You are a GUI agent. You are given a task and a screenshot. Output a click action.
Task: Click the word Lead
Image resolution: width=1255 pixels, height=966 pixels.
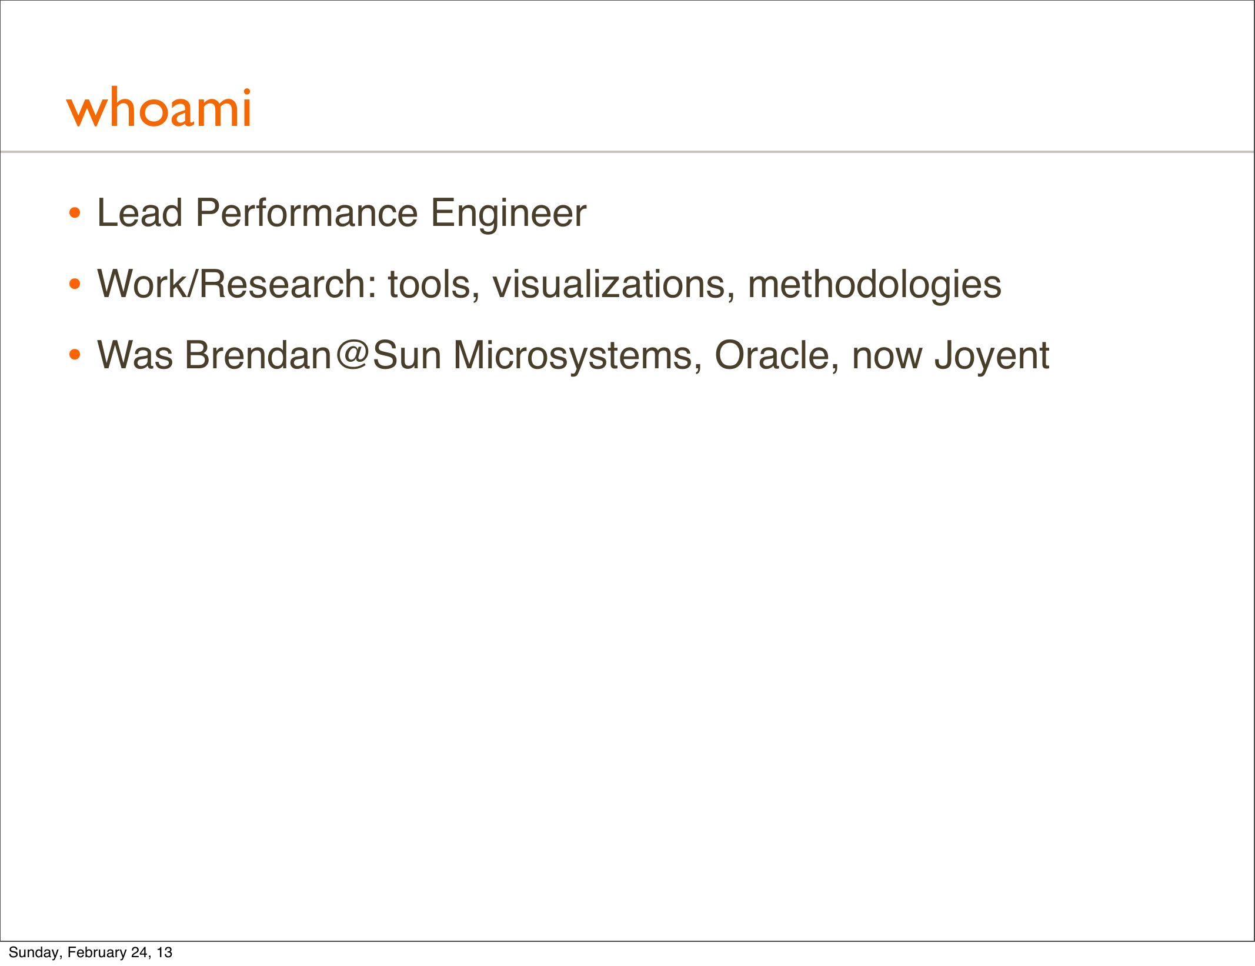click(x=139, y=212)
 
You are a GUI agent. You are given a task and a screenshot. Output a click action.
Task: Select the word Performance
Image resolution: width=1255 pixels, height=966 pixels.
click(x=306, y=212)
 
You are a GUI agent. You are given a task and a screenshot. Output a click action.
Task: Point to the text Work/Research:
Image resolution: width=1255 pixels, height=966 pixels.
click(x=237, y=284)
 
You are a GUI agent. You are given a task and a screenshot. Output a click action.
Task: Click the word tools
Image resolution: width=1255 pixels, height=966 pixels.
click(x=433, y=284)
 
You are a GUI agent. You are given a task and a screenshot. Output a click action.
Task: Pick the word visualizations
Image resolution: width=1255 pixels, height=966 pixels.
click(x=613, y=284)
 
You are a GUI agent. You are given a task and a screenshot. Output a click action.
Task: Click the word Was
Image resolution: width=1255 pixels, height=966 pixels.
click(x=135, y=355)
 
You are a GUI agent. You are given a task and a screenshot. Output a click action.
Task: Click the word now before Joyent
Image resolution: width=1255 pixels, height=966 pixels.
click(x=887, y=359)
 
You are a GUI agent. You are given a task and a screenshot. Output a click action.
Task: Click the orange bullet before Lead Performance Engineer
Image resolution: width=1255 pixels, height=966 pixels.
click(x=74, y=214)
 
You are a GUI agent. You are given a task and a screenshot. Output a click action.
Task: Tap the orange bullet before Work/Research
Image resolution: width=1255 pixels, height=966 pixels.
click(x=74, y=285)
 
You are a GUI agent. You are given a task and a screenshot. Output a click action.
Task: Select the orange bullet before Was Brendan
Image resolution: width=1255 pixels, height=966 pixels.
click(x=74, y=355)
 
